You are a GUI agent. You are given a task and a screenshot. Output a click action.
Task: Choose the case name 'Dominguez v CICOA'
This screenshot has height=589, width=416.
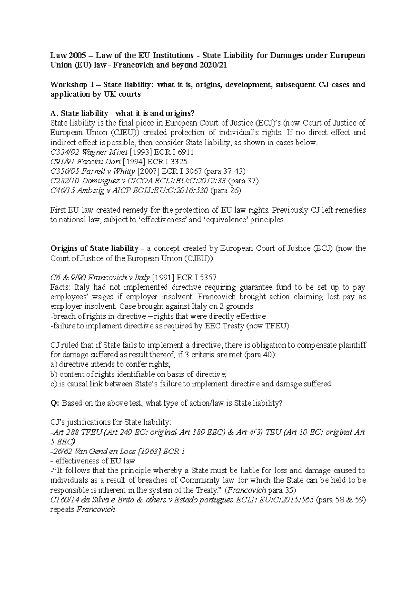[113, 181]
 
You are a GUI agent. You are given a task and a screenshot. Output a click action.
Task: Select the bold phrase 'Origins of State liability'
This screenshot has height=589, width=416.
[94, 248]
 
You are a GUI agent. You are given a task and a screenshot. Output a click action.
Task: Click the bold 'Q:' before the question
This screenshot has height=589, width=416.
[55, 403]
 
